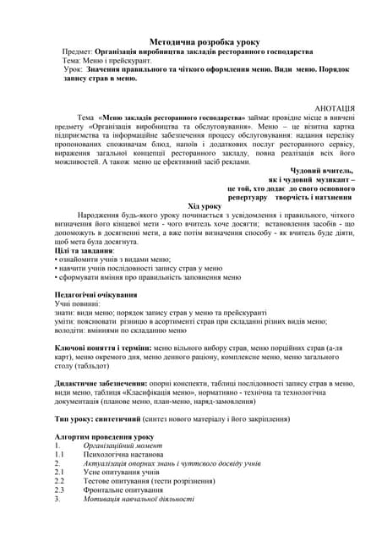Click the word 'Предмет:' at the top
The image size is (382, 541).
(x=78, y=52)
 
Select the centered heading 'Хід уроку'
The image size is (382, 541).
(x=204, y=205)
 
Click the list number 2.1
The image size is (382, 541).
(x=59, y=472)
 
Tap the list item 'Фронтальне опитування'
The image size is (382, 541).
(x=123, y=489)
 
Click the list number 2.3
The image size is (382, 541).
(x=59, y=489)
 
